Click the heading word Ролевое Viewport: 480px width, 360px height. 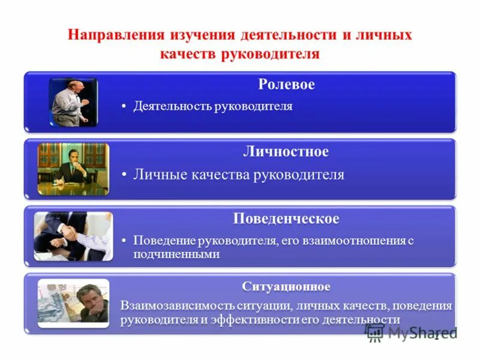tap(286, 85)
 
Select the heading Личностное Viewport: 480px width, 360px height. tap(286, 152)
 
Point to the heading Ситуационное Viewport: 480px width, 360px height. tap(286, 286)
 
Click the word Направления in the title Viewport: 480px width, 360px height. tap(113, 35)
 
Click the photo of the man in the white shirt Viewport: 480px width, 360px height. tap(73, 102)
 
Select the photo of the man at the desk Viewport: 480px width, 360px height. tap(73, 169)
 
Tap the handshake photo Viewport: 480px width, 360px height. tap(73, 236)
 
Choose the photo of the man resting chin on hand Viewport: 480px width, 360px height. tap(73, 302)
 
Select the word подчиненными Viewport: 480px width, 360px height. tap(176, 254)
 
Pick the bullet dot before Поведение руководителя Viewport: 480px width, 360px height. tap(124, 241)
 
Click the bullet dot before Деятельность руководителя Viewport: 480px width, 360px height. tap(124, 107)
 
